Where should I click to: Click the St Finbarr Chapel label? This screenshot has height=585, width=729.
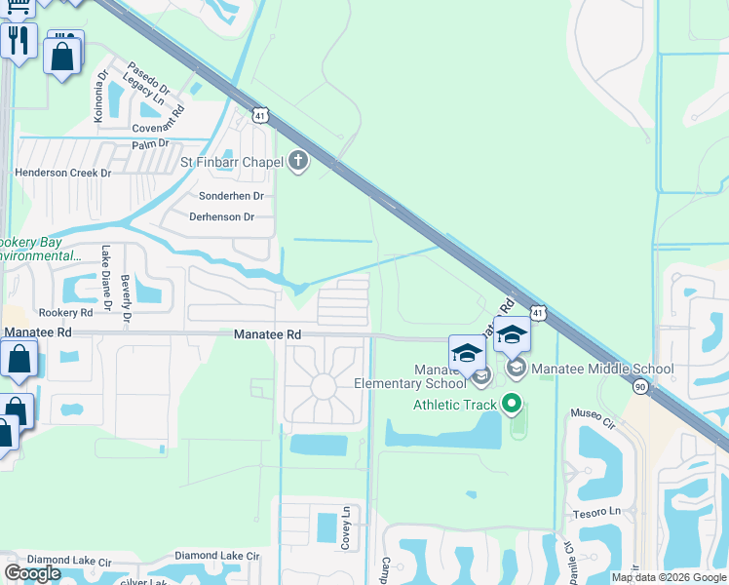[231, 162]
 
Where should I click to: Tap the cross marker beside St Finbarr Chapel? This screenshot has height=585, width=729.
[298, 162]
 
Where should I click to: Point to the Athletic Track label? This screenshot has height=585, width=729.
[454, 405]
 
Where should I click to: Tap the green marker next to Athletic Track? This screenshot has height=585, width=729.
[511, 404]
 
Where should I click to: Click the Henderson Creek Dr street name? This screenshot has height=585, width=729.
[62, 173]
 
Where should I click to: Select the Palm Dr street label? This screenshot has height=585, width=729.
[150, 144]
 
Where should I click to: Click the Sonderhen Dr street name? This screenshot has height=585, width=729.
[231, 196]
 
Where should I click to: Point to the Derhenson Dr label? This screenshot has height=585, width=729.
[221, 216]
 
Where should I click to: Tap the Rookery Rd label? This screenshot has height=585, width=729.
[65, 312]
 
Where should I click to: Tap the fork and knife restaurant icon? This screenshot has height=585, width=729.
[17, 41]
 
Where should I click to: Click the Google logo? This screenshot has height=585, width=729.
[33, 573]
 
